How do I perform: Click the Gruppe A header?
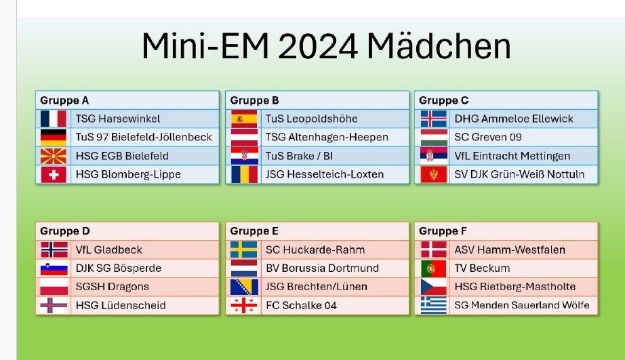[x=64, y=100]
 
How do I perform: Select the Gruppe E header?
[x=254, y=231]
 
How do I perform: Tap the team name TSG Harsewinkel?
[x=117, y=119]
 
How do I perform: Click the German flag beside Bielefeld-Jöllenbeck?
[x=54, y=137]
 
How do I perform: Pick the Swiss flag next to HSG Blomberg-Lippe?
[x=54, y=175]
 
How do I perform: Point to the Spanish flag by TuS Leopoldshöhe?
[x=244, y=119]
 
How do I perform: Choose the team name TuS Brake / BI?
[x=299, y=156]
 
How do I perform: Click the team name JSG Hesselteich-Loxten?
[x=325, y=175]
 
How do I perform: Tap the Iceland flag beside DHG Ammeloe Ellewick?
[x=434, y=119]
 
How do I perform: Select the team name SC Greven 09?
[x=488, y=137]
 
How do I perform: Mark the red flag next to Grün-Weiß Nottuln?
[x=434, y=175]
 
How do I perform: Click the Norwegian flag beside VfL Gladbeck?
[x=54, y=250]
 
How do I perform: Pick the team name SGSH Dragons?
[x=113, y=287]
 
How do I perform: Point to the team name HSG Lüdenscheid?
[x=121, y=305]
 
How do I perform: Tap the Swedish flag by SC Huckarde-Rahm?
[x=244, y=250]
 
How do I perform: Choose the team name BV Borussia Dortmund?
[x=322, y=268]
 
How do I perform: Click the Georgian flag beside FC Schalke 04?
[x=244, y=305]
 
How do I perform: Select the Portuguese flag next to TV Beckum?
[x=434, y=268]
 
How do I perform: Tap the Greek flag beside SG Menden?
[x=434, y=305]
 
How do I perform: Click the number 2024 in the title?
[x=318, y=46]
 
